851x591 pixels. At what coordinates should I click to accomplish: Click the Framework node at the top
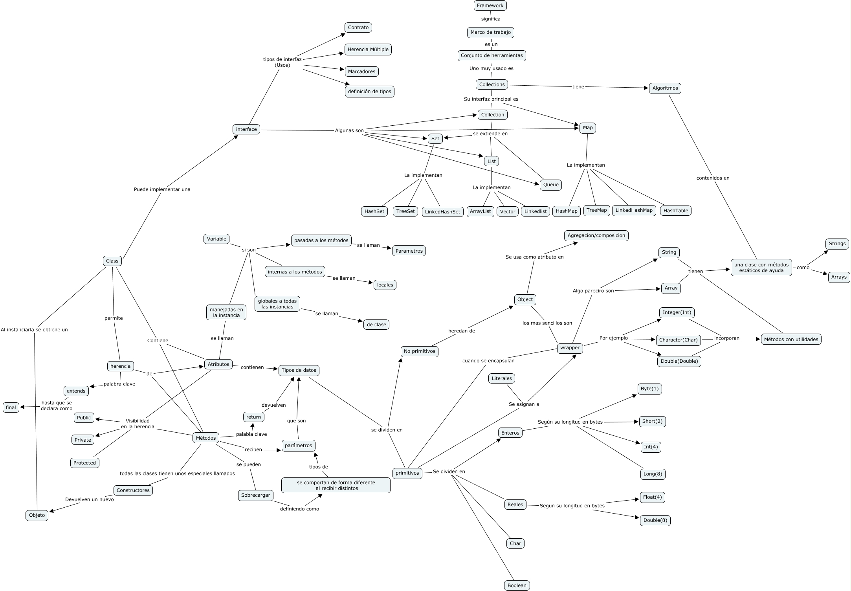(x=490, y=6)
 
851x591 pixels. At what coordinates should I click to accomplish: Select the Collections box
(x=492, y=84)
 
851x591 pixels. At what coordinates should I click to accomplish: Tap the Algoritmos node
(x=665, y=88)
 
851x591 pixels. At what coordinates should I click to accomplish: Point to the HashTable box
(x=675, y=211)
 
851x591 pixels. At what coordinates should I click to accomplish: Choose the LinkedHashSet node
(x=442, y=212)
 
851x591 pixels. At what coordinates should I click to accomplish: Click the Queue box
(x=551, y=185)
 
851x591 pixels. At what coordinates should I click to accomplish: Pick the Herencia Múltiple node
(x=368, y=50)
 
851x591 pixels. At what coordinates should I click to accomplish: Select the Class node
(x=112, y=261)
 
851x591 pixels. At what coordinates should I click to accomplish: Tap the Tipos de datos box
(x=299, y=370)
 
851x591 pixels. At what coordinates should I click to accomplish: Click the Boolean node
(x=517, y=585)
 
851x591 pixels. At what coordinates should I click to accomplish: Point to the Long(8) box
(x=652, y=474)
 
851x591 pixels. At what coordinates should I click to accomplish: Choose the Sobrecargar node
(x=255, y=495)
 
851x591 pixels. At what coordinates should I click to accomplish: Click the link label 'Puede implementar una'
(x=162, y=189)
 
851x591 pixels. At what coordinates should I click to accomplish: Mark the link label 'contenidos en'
(x=713, y=178)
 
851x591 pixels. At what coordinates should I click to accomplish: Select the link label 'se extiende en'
(x=490, y=134)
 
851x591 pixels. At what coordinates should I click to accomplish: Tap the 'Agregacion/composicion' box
(x=596, y=235)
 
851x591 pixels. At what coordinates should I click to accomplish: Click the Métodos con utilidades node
(x=791, y=340)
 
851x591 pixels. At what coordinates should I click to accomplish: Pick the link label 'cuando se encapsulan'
(x=488, y=361)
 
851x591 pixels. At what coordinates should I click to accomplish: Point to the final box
(x=11, y=407)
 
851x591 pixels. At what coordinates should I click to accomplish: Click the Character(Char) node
(x=678, y=340)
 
